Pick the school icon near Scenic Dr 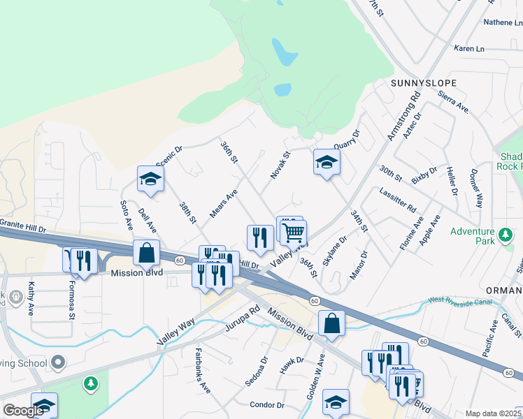[x=150, y=179]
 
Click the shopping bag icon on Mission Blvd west [x=147, y=253]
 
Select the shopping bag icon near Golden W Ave [x=331, y=324]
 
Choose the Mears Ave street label [x=224, y=203]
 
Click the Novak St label [x=278, y=166]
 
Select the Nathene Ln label [x=503, y=22]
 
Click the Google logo [x=23, y=411]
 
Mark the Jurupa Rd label [x=243, y=316]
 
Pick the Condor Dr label [x=267, y=405]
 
